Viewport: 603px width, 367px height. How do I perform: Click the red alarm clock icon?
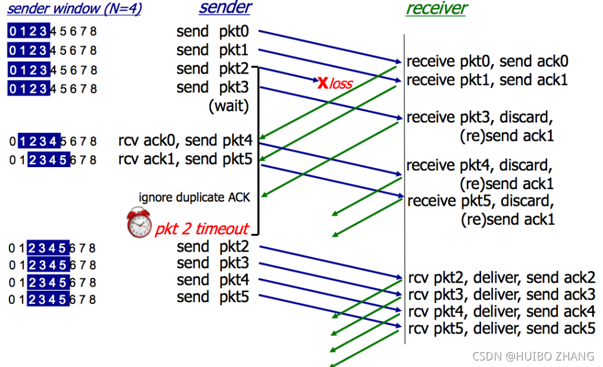pyautogui.click(x=139, y=222)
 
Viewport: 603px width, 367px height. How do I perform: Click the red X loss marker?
pyautogui.click(x=323, y=83)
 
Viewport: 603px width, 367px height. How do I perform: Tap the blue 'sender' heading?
pyautogui.click(x=225, y=8)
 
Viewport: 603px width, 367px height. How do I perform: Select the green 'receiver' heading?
pyautogui.click(x=436, y=8)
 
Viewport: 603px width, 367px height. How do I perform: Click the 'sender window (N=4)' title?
pyautogui.click(x=74, y=9)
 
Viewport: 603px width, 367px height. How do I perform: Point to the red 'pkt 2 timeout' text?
pyautogui.click(x=202, y=229)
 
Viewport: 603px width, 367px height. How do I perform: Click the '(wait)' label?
pyautogui.click(x=229, y=106)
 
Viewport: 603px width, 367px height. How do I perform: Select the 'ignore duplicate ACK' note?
pyautogui.click(x=194, y=197)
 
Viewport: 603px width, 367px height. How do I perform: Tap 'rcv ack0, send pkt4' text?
pyautogui.click(x=186, y=141)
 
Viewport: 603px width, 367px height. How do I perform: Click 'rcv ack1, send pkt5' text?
pyautogui.click(x=186, y=159)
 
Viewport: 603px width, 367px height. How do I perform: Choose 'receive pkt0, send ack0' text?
pyautogui.click(x=487, y=61)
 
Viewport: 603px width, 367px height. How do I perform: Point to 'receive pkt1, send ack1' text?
pyautogui.click(x=487, y=80)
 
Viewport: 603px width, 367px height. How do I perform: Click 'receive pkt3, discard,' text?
pyautogui.click(x=479, y=117)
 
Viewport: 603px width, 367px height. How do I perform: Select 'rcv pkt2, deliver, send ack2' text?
pyautogui.click(x=501, y=278)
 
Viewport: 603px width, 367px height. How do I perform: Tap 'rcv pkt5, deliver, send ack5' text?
pyautogui.click(x=501, y=329)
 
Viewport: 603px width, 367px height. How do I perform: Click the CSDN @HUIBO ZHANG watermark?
pyautogui.click(x=533, y=356)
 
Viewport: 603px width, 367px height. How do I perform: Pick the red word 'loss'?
pyautogui.click(x=341, y=83)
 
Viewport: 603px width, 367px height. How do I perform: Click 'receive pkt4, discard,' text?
pyautogui.click(x=479, y=165)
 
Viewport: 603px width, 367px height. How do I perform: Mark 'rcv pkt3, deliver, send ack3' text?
pyautogui.click(x=501, y=294)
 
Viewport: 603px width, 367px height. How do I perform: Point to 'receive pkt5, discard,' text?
pyautogui.click(x=480, y=200)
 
